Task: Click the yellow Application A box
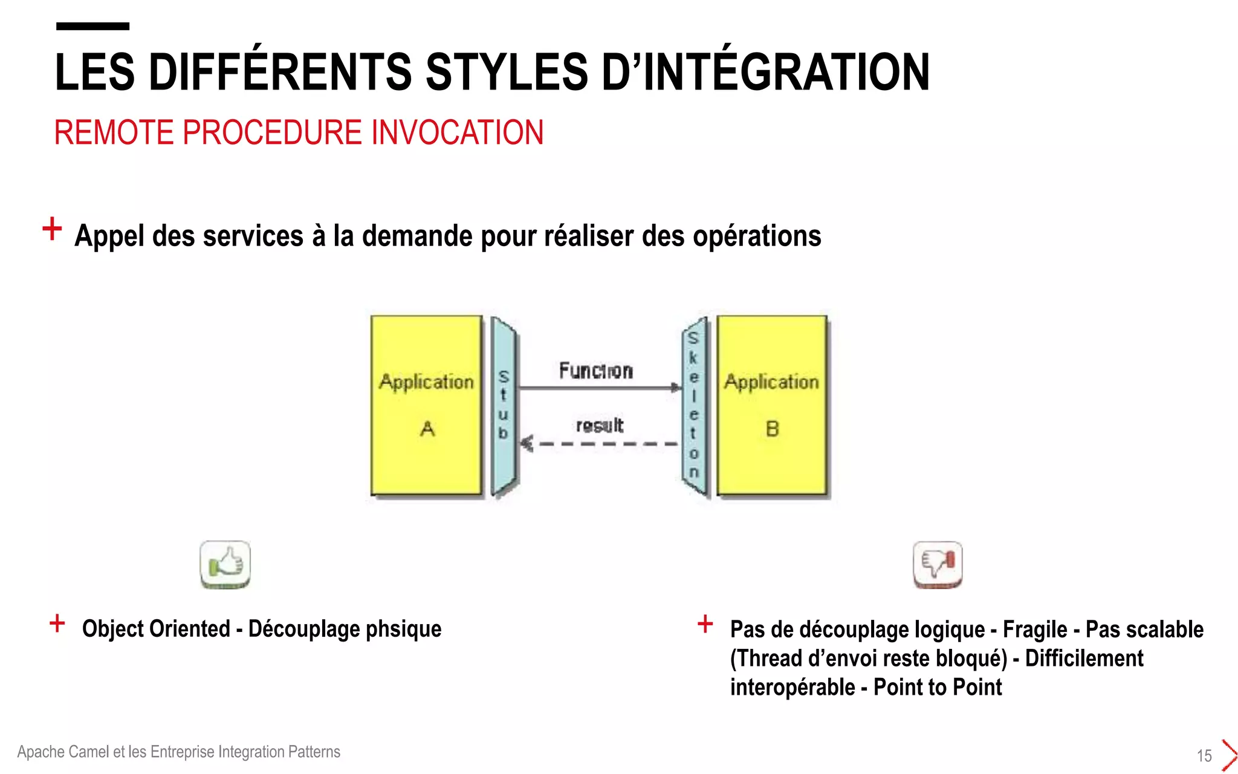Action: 426,405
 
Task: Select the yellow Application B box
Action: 771,405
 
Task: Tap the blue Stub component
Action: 503,405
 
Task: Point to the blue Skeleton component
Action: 694,405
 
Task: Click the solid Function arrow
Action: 598,388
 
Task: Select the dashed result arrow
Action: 598,444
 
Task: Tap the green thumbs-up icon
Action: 225,564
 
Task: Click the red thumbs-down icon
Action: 937,564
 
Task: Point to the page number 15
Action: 1204,755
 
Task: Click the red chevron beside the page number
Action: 1228,755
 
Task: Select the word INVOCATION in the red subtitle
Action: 457,132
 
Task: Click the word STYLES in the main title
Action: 507,73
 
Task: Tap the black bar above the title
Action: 92,26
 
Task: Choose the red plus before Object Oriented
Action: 57,623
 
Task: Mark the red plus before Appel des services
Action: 52,229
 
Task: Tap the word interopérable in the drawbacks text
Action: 792,688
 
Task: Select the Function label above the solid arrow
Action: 595,370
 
